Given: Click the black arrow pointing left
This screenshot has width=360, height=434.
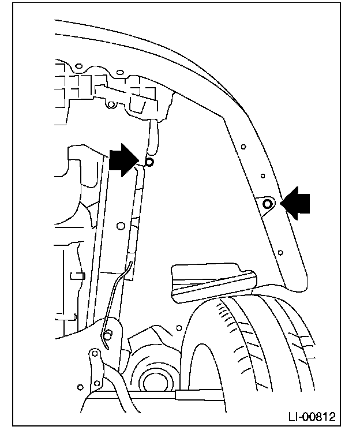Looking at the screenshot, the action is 295,204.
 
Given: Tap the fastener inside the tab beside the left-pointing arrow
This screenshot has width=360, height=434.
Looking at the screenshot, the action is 268,203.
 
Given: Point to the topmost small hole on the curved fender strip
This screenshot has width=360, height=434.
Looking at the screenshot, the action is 243,146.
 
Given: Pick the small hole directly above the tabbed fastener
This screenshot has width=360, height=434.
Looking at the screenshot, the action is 262,175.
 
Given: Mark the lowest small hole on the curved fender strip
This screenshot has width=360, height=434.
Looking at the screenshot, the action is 280,252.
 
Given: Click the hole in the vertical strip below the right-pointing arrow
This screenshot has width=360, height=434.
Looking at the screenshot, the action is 121,225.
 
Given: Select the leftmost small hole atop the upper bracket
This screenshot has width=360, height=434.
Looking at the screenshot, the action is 108,106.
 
